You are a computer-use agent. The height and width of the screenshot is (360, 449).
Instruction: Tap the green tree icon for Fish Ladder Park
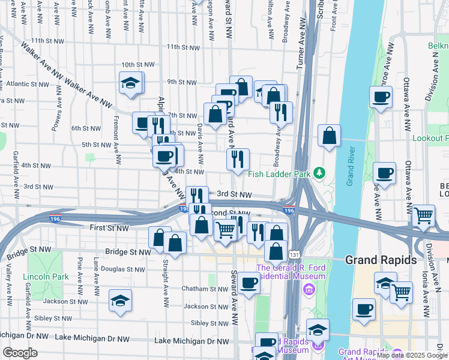[320, 173]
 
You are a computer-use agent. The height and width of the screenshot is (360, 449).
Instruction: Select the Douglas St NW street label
[124, 269]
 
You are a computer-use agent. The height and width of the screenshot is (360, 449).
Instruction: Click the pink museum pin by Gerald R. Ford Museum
[309, 290]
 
